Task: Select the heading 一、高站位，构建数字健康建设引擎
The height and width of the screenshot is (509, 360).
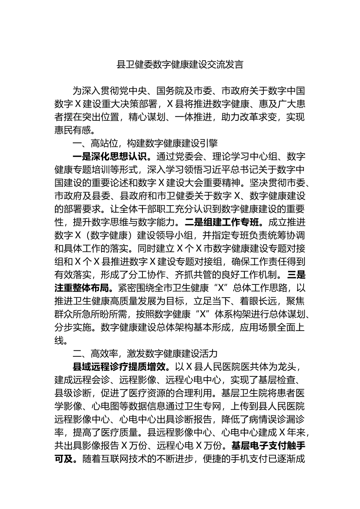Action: pyautogui.click(x=145, y=143)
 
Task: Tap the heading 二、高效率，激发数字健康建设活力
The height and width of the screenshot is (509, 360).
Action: pyautogui.click(x=145, y=353)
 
